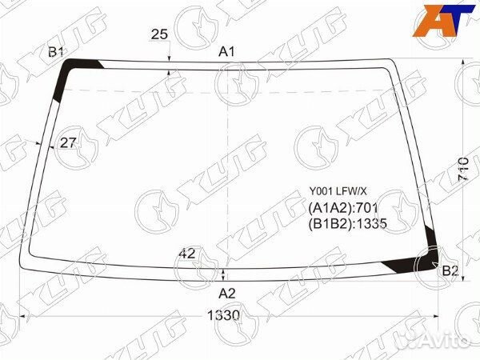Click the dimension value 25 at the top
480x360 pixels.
(x=159, y=34)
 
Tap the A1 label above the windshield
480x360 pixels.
(x=226, y=52)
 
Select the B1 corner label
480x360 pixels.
(x=55, y=52)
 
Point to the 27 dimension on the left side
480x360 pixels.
(x=67, y=142)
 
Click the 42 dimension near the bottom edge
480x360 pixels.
(x=186, y=253)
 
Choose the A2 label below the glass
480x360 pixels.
(x=227, y=294)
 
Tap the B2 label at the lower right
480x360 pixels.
(x=450, y=271)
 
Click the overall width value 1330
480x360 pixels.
(x=223, y=315)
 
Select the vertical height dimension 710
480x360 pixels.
(x=464, y=170)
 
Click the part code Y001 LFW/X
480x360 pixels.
(x=338, y=192)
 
